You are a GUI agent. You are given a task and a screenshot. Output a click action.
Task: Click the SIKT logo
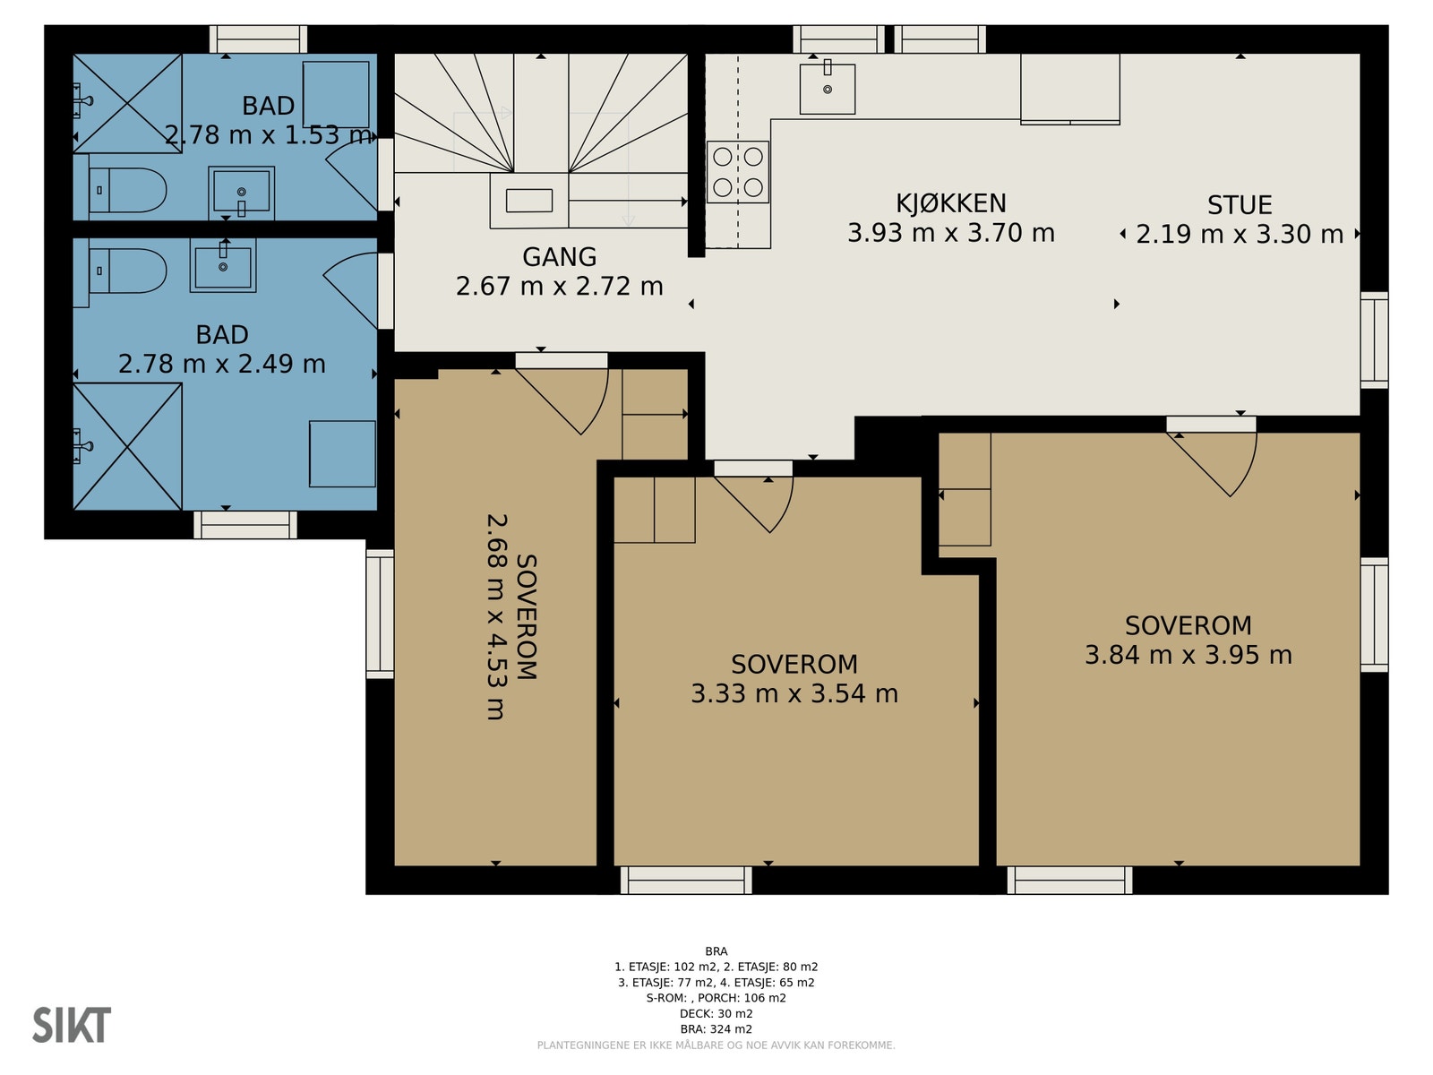pos(72,1025)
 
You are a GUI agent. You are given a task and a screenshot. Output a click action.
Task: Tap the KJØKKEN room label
pos(950,203)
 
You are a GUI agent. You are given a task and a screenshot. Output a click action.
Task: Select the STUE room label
pos(1240,205)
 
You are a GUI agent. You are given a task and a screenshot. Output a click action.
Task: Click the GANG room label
pos(560,257)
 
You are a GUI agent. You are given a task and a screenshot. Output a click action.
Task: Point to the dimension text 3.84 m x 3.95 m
pos(1188,655)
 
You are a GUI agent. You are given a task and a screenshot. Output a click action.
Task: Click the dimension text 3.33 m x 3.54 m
pos(794,693)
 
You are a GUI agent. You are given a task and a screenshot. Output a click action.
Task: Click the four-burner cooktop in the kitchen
pos(738,172)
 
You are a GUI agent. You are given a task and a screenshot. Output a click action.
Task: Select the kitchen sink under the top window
pos(828,89)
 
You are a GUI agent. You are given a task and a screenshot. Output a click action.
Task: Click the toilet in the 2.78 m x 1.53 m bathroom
pos(127,190)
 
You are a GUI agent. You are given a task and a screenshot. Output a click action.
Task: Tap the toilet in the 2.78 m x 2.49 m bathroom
pos(127,271)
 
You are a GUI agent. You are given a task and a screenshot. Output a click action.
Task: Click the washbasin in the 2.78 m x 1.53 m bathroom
pos(242,193)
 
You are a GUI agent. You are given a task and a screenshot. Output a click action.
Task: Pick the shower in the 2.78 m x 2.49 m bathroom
pos(127,446)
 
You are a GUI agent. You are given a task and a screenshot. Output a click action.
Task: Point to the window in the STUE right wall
pos(1374,340)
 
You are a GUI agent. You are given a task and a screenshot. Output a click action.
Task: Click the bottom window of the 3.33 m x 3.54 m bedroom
pos(686,880)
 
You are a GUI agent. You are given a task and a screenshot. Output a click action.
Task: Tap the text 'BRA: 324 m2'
pos(716,1029)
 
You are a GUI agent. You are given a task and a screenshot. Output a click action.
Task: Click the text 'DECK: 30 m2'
pos(716,1014)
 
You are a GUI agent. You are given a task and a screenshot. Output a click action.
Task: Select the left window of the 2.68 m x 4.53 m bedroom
pos(380,614)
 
